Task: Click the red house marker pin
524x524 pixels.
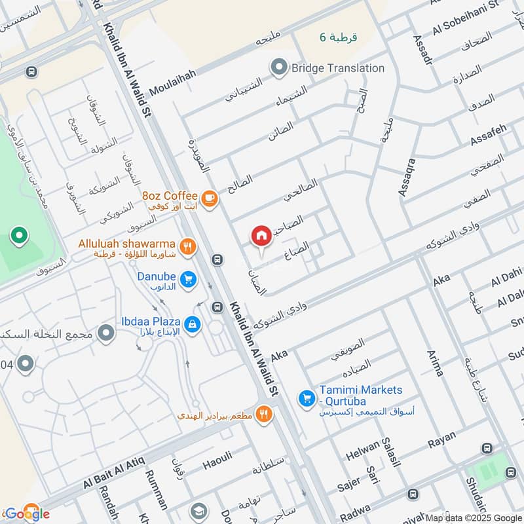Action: [261, 236]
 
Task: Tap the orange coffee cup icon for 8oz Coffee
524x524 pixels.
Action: [209, 197]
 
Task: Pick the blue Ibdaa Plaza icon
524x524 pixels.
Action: [192, 324]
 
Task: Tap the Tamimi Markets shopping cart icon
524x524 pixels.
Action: [306, 398]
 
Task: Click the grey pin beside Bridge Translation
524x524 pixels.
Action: [280, 67]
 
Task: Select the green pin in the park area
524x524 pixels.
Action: [19, 236]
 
